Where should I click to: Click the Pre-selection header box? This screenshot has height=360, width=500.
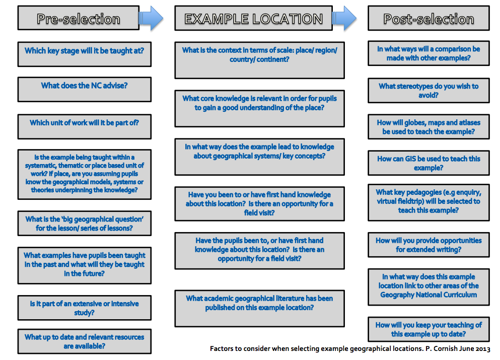pos(79,18)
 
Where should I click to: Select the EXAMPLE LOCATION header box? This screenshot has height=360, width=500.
pos(253,18)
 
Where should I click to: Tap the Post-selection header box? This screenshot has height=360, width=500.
pos(428,18)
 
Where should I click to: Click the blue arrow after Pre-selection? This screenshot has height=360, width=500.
pos(151,19)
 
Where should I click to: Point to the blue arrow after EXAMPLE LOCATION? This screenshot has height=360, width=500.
pos(344,19)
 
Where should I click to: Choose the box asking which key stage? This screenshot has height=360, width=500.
pos(85,54)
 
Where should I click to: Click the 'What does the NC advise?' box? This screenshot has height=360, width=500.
pos(85,89)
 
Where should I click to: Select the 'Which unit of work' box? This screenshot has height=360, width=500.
pos(85,126)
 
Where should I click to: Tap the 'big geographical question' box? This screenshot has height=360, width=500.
pos(85,223)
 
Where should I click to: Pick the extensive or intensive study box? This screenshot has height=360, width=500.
pos(85,308)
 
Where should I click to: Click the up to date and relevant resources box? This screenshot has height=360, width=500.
pos(85,341)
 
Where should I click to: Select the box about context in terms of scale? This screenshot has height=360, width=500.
pos(259,60)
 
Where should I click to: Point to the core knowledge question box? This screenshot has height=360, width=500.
pos(259,108)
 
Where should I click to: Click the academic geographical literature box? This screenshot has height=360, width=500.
pos(259,308)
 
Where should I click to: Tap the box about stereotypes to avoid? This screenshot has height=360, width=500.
pos(428,91)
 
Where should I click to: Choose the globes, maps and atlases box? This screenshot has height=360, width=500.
pos(428,126)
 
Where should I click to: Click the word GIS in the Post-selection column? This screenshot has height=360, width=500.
pos(410,159)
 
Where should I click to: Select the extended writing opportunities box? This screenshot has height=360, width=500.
pos(428,245)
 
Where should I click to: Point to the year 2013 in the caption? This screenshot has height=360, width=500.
pos(483,349)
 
